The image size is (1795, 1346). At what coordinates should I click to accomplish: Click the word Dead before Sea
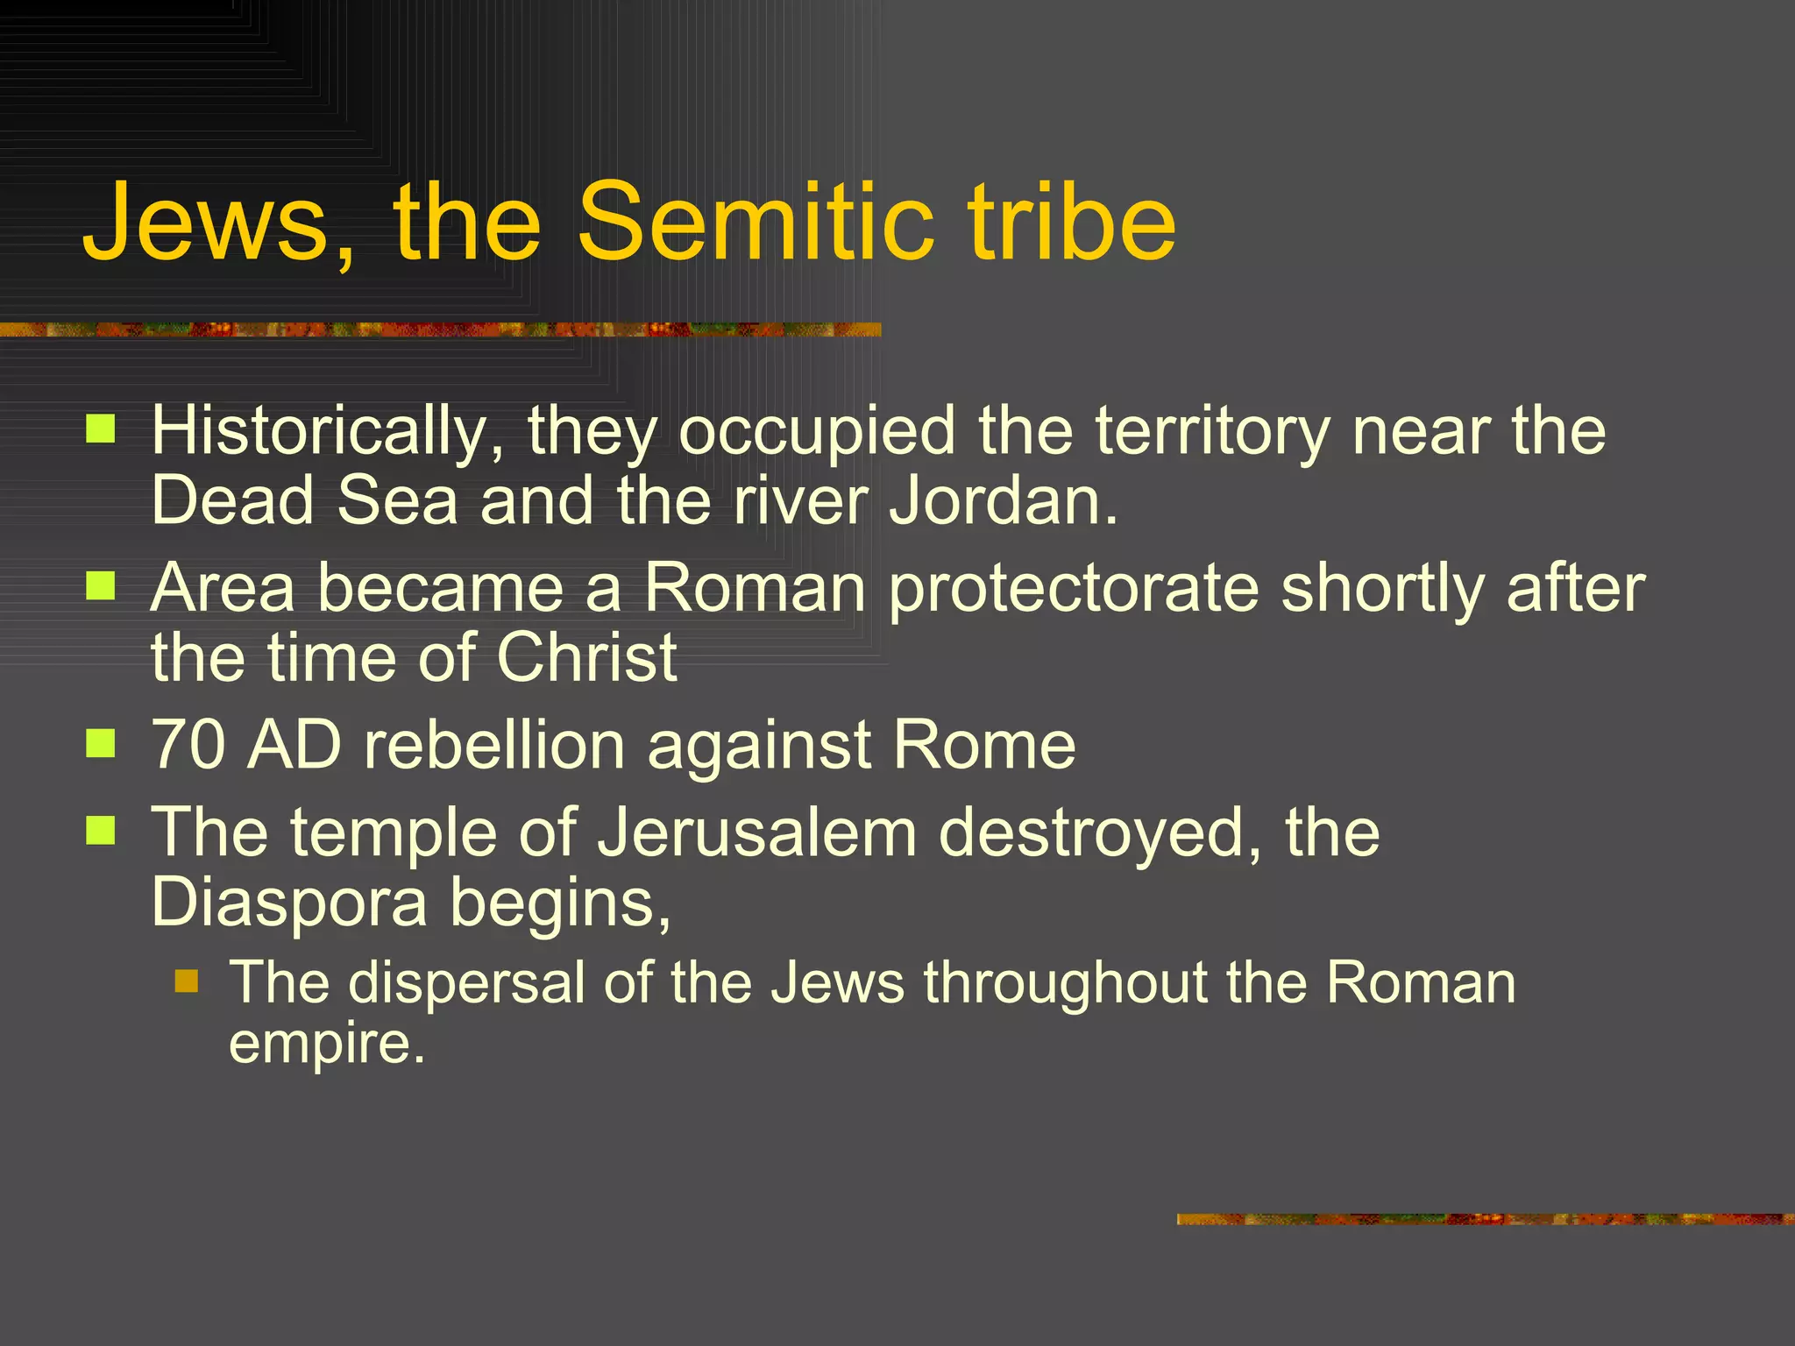[232, 500]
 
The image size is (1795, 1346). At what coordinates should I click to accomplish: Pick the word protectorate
[1075, 588]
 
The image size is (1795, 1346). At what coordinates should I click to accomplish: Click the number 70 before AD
[188, 745]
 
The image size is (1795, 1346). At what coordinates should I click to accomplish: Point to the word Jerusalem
[756, 832]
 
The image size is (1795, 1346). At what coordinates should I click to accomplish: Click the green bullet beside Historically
[101, 429]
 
